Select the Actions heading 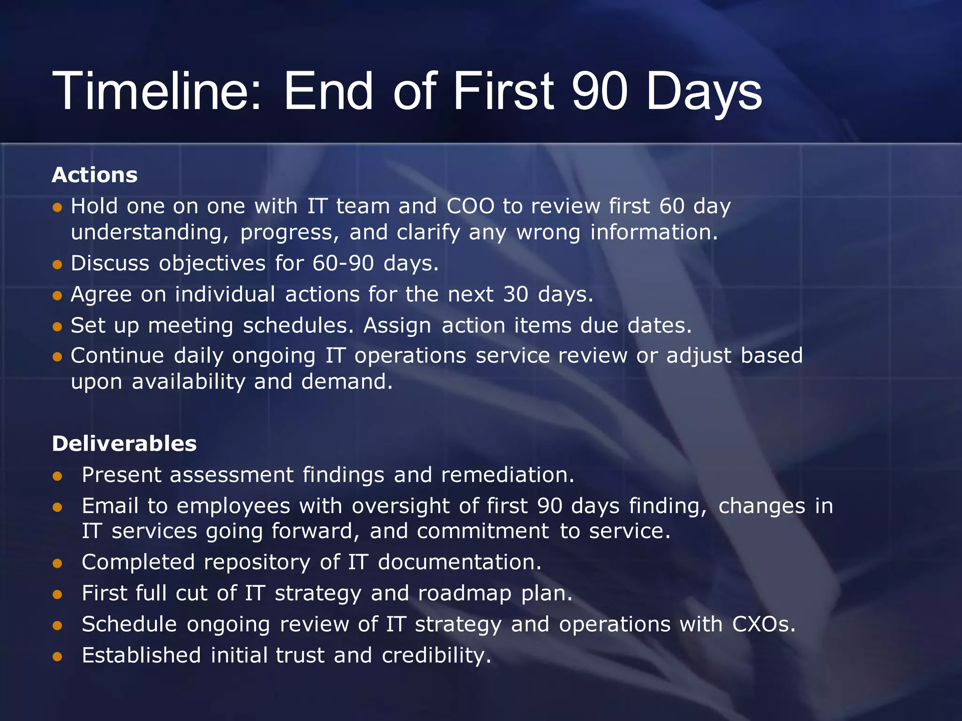[95, 175]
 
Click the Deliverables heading [124, 444]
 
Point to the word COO [470, 206]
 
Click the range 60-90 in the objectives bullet [343, 263]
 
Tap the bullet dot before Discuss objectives [58, 265]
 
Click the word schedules [298, 326]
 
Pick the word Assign [397, 326]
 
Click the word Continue [117, 356]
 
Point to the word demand [346, 382]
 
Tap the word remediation [507, 475]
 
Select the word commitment [483, 531]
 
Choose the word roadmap [465, 593]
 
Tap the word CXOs [763, 624]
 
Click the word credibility [436, 655]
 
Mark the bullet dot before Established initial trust [58, 657]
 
